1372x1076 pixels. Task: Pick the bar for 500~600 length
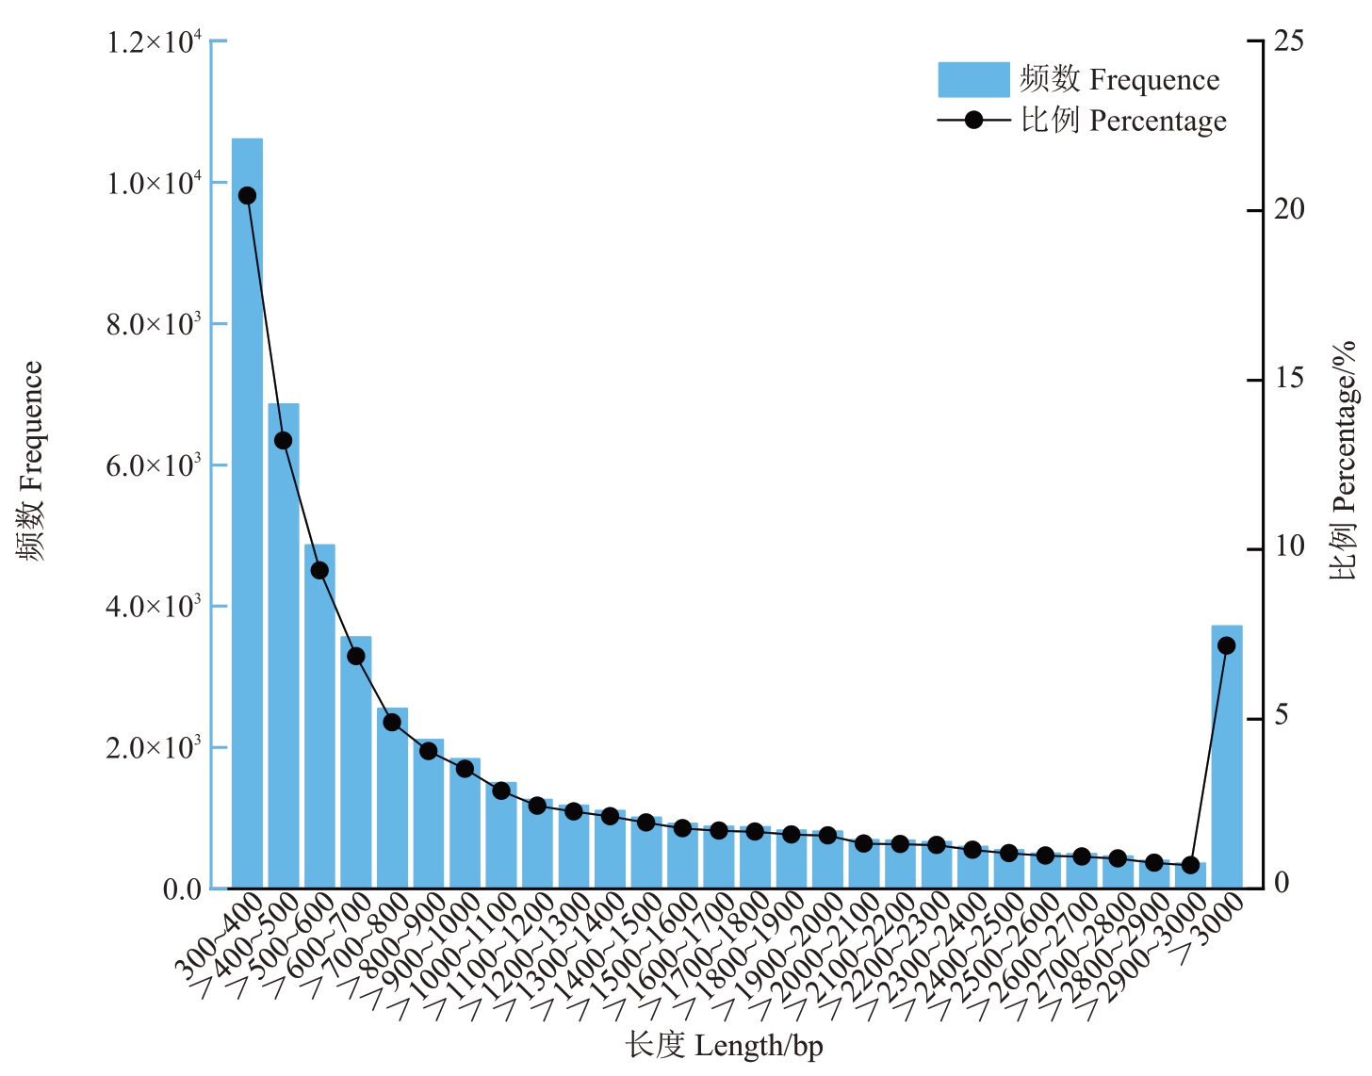click(319, 716)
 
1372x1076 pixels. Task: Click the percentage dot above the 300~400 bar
click(247, 196)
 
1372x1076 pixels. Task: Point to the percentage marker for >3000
click(1226, 645)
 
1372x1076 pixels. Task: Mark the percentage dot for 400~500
click(283, 440)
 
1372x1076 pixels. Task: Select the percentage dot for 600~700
click(356, 656)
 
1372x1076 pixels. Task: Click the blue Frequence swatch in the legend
click(972, 80)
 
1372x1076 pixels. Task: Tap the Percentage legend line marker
click(973, 121)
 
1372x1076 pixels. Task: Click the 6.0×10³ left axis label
click(154, 465)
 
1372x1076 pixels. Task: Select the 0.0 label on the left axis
click(182, 889)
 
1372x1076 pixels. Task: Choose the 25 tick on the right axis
click(1289, 41)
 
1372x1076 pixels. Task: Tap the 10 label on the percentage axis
click(1289, 547)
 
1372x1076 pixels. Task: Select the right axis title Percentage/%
click(1344, 462)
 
